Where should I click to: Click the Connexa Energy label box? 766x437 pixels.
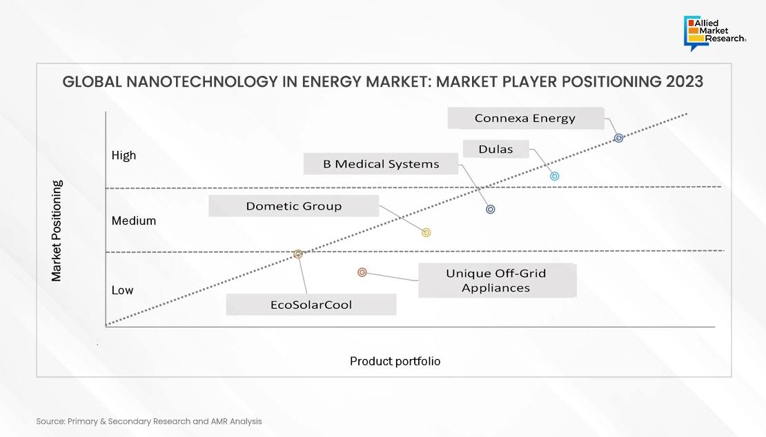click(x=526, y=118)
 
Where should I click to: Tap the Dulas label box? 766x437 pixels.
click(x=496, y=149)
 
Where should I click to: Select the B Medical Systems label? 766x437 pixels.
click(x=380, y=164)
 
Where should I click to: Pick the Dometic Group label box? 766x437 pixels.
click(x=293, y=206)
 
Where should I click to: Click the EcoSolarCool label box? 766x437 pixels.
click(x=311, y=305)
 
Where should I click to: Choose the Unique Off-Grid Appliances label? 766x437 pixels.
click(x=498, y=281)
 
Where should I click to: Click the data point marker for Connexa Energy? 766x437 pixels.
click(x=618, y=138)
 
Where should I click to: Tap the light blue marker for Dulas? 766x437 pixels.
click(x=554, y=176)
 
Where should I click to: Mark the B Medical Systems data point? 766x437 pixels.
click(x=491, y=210)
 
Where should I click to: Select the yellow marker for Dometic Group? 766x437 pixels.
click(x=426, y=233)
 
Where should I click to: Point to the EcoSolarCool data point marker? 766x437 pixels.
click(x=298, y=254)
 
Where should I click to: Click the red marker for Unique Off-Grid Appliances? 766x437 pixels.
click(x=362, y=272)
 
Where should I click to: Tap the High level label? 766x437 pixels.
click(x=124, y=156)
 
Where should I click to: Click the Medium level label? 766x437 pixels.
click(x=134, y=221)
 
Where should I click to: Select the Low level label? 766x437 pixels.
click(x=122, y=290)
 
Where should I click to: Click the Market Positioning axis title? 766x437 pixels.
click(x=57, y=231)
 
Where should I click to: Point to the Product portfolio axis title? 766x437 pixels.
click(x=395, y=361)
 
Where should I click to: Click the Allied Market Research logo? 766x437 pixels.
click(x=715, y=33)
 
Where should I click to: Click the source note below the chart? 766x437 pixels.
click(x=149, y=421)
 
